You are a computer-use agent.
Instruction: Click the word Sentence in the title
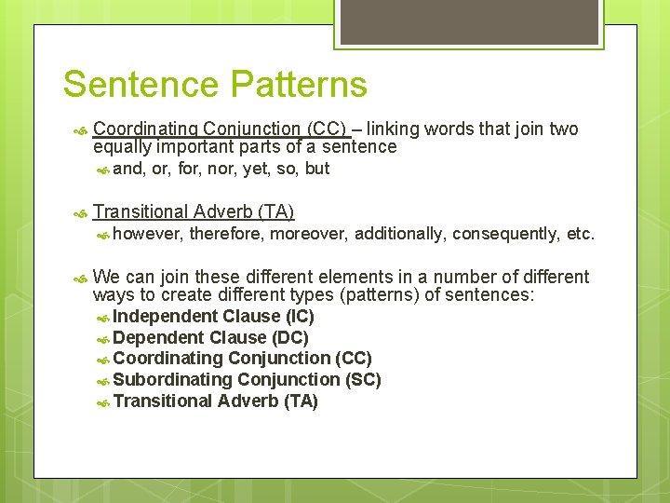point(141,85)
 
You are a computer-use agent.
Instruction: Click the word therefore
point(226,234)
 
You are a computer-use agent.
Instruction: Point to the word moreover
point(308,234)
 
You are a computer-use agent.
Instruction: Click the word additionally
point(398,234)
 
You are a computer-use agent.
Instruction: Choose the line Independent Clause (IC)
point(213,316)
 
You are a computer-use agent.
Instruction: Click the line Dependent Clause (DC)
point(210,337)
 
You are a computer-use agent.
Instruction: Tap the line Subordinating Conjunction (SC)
point(247,380)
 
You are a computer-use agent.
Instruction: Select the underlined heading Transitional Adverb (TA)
point(194,211)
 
